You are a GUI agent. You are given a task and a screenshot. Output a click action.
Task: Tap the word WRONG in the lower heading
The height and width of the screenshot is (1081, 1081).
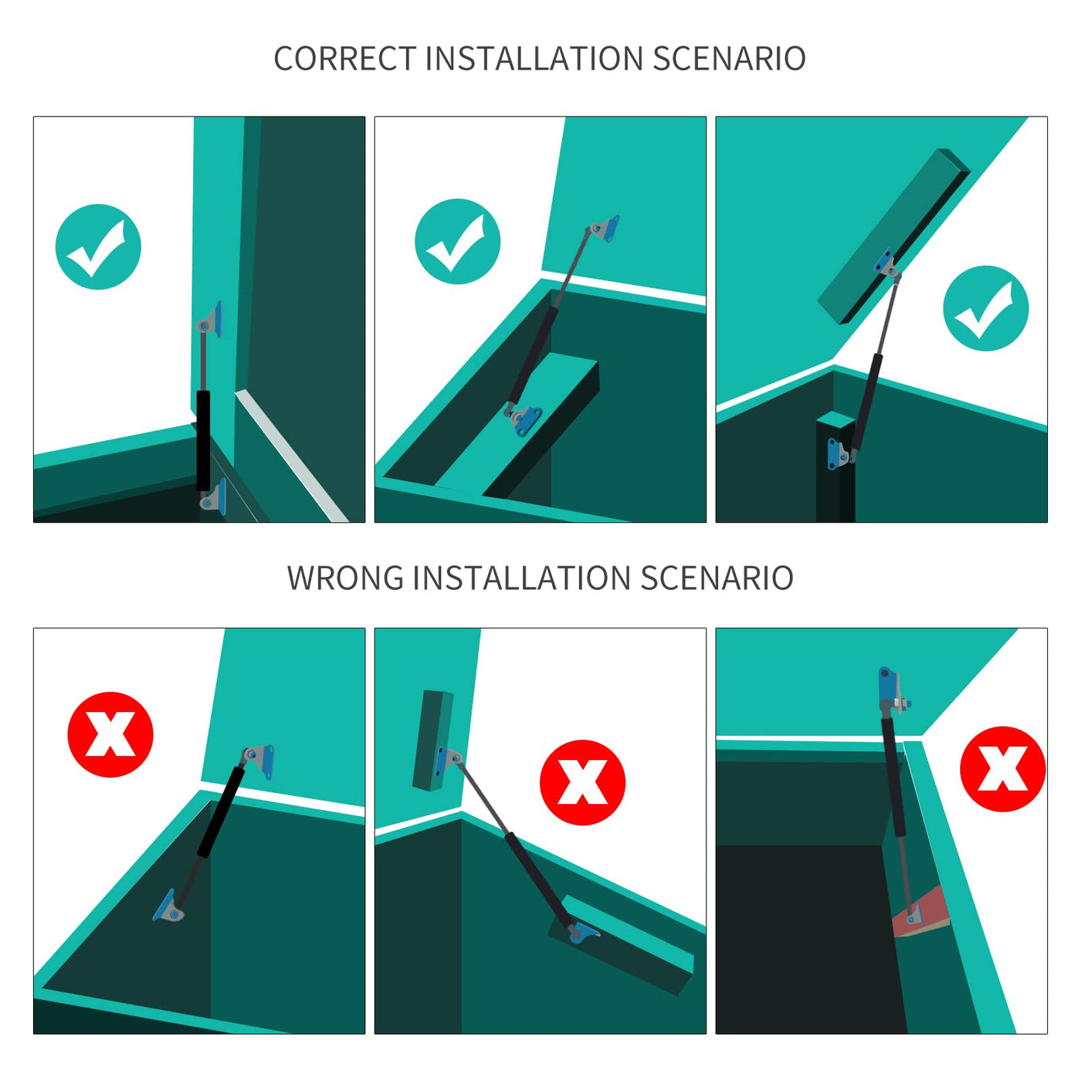tap(346, 578)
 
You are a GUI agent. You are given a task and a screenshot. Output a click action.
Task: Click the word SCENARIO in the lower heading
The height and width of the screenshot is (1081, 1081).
tap(717, 578)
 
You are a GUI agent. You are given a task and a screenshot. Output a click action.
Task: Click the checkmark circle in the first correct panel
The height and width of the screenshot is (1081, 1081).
tap(98, 247)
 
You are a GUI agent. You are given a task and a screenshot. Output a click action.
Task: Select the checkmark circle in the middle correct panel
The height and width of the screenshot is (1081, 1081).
tap(457, 241)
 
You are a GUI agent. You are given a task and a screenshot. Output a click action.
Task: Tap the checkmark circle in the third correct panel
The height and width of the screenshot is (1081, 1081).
tap(985, 309)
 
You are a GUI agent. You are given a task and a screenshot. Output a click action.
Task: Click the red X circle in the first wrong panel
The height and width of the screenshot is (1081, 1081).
tap(110, 734)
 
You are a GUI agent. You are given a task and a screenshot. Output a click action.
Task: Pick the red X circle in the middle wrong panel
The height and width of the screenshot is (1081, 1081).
tap(582, 782)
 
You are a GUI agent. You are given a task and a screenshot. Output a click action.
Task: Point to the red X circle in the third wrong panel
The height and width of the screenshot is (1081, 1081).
tap(1003, 769)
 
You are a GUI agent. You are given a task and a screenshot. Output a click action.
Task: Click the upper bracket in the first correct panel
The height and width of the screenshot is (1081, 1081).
tap(210, 320)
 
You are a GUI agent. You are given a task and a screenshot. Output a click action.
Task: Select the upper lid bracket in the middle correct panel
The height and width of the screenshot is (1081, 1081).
tap(604, 229)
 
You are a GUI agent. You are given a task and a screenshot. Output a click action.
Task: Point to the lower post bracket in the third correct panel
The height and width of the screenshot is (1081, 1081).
tap(839, 454)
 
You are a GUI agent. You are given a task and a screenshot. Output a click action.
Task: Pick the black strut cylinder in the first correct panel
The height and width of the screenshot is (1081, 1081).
tap(203, 441)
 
